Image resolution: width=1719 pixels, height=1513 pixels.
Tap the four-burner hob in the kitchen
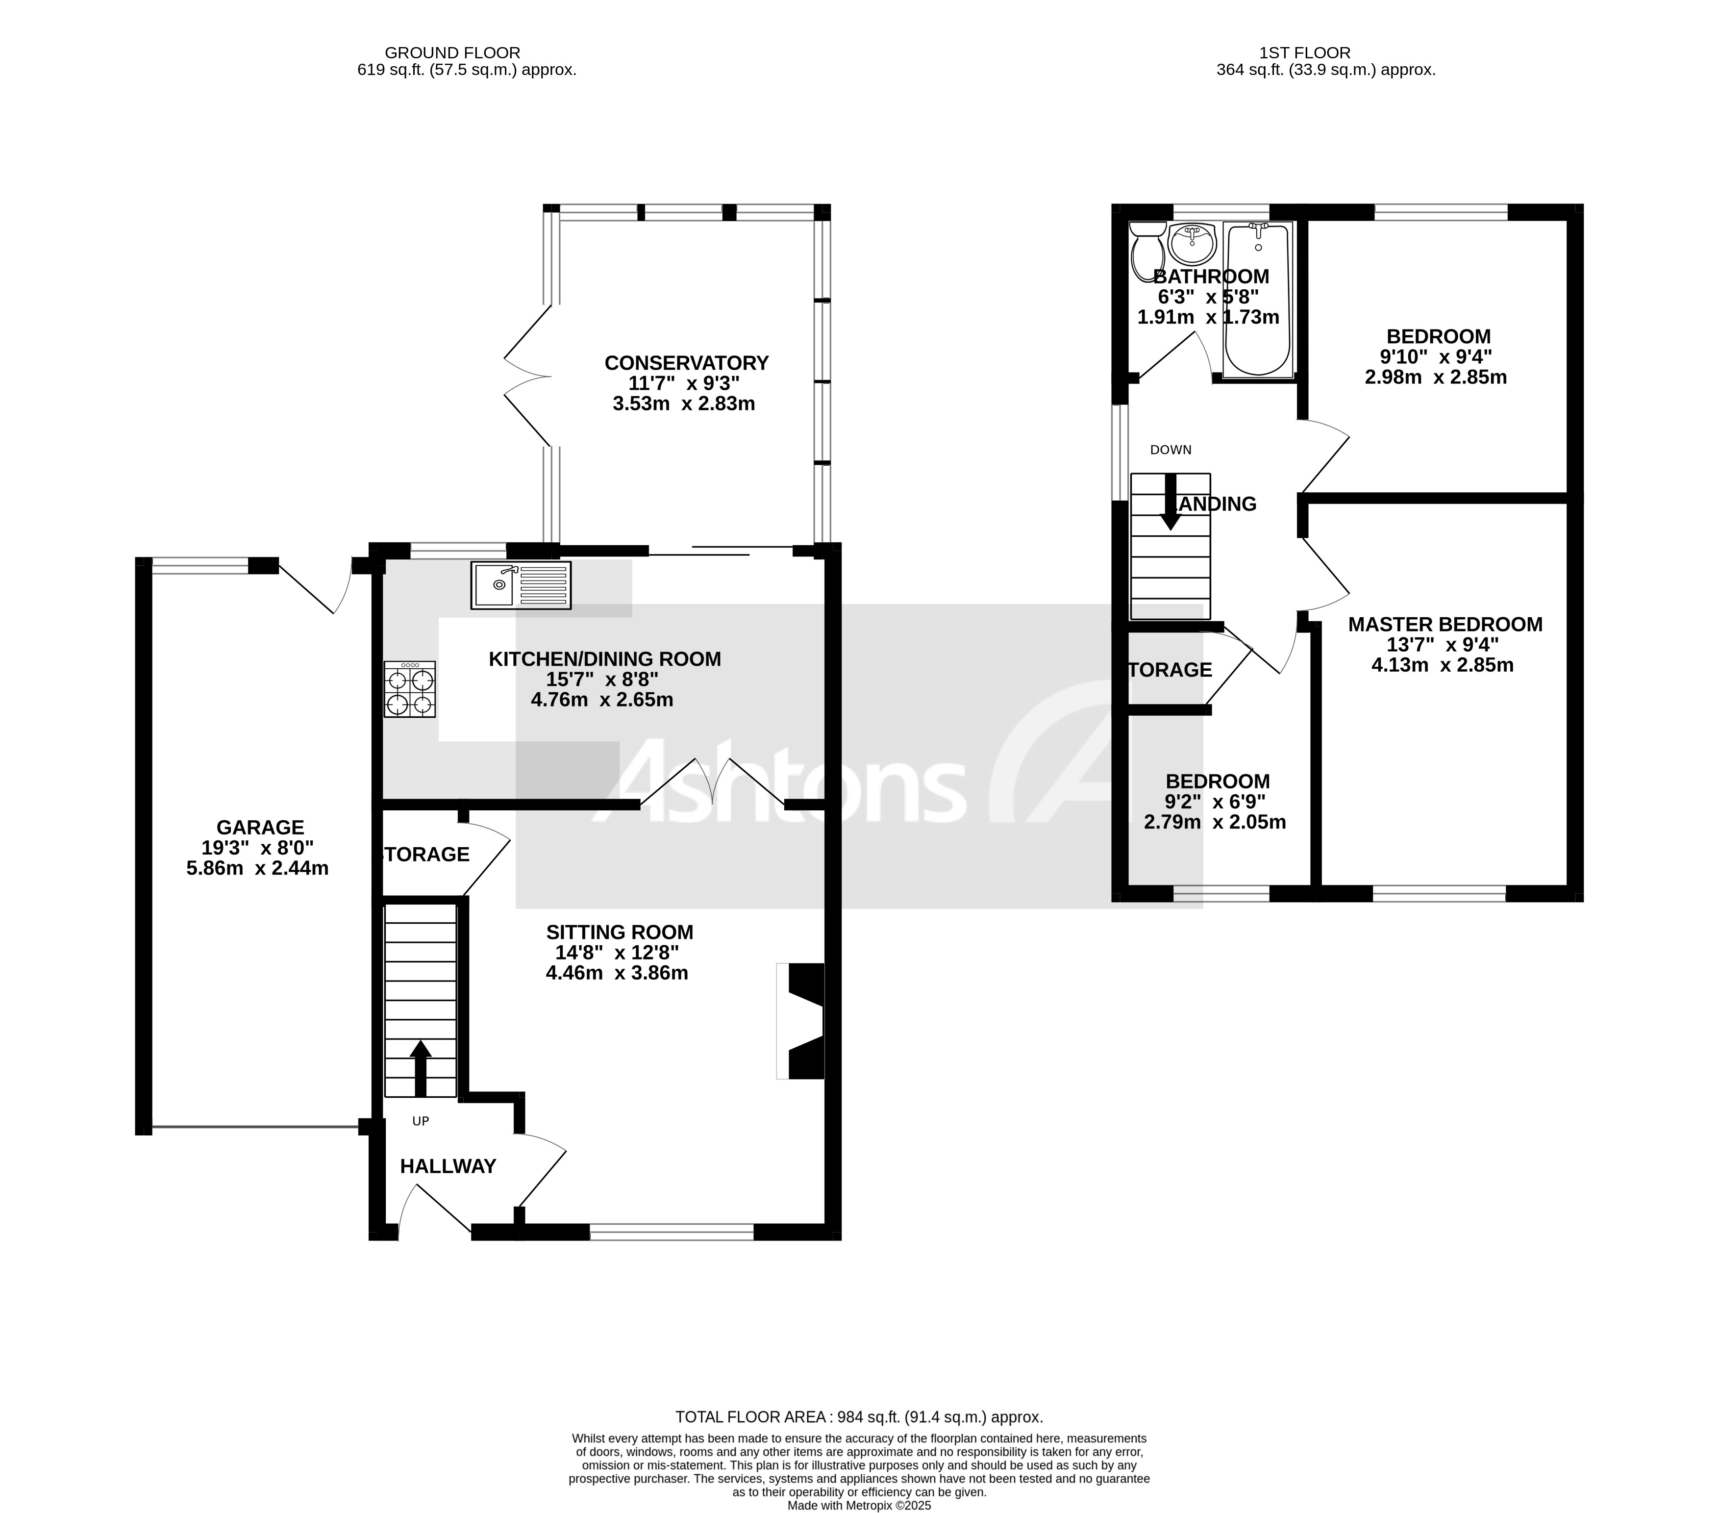pyautogui.click(x=410, y=689)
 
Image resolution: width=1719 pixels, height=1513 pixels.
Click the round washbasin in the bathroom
pyautogui.click(x=1192, y=244)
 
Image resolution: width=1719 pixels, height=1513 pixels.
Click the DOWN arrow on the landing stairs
pyautogui.click(x=1170, y=502)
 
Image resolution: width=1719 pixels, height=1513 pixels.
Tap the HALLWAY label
pyautogui.click(x=448, y=1166)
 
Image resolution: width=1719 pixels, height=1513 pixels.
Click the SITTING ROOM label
pyautogui.click(x=620, y=932)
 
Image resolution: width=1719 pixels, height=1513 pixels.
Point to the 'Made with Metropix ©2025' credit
pyautogui.click(x=860, y=1506)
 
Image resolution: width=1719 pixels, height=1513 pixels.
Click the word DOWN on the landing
pyautogui.click(x=1171, y=450)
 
